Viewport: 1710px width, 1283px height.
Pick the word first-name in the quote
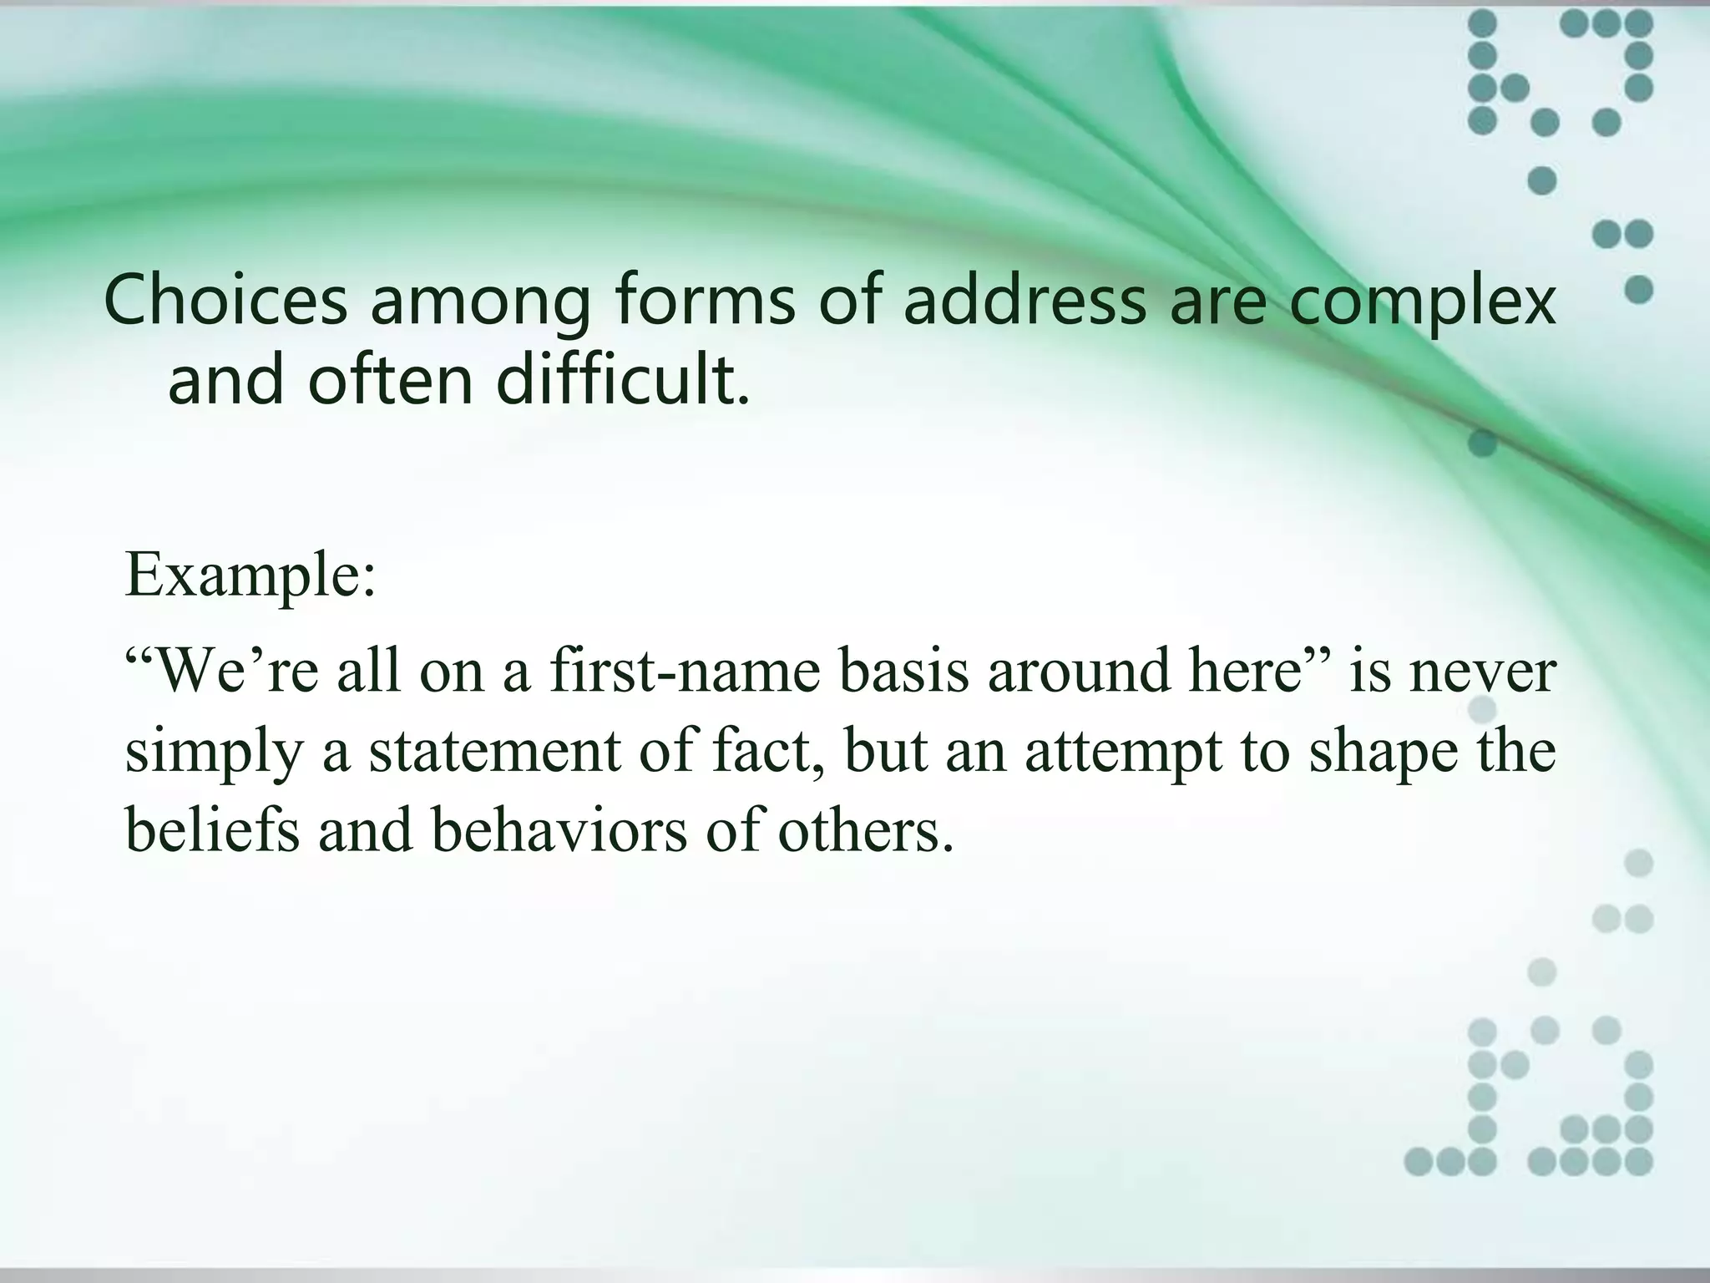click(x=685, y=672)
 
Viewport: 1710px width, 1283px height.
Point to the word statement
click(x=495, y=750)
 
